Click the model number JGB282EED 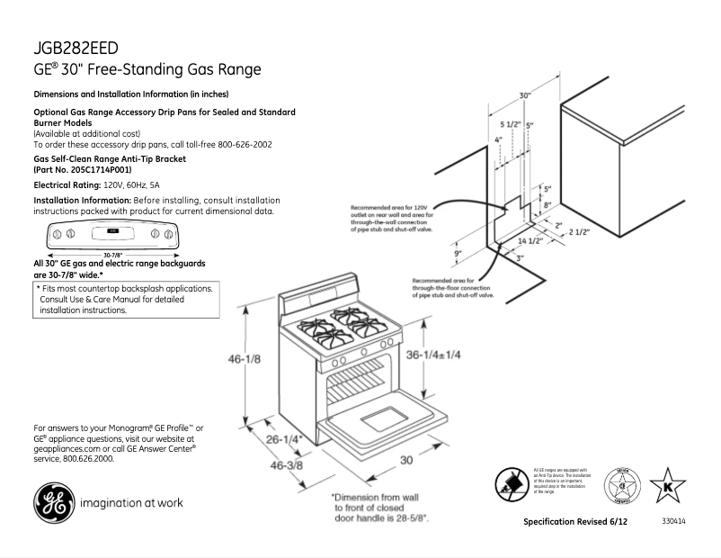[76, 48]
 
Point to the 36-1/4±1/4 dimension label [435, 355]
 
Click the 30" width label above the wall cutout [524, 94]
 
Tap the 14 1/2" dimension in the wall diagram [530, 241]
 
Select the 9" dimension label [458, 254]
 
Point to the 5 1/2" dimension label [508, 124]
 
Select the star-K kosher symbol [667, 486]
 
